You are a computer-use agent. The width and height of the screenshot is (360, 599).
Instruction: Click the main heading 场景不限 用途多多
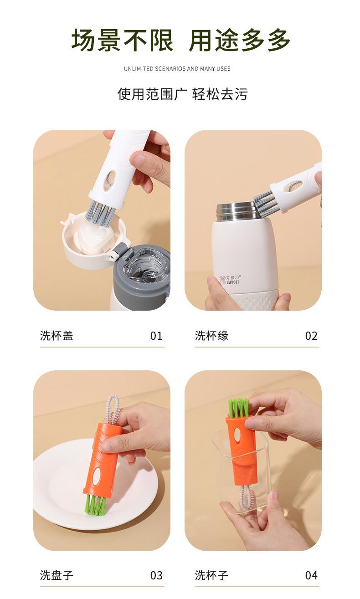point(181,40)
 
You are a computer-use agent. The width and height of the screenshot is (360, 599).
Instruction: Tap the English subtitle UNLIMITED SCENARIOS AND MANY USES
point(177,69)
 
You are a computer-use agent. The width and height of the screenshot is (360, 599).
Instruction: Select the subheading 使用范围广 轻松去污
point(182,94)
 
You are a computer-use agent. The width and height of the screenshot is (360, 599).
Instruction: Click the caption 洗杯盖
point(57,336)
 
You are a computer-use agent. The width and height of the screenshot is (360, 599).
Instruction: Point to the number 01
point(156,336)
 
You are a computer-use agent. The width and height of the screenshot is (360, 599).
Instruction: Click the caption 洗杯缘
point(211,336)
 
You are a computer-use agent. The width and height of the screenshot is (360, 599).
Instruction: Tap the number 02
point(311,336)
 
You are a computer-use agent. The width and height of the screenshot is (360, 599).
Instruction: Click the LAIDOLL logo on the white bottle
point(230,279)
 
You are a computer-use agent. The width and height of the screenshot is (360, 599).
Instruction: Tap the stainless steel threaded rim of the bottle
point(238,212)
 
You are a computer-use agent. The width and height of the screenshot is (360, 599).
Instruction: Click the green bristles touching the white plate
point(95,505)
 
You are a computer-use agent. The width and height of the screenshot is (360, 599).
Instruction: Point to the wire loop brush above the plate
point(113,409)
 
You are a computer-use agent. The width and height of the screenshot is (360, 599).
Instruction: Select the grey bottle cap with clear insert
point(142,278)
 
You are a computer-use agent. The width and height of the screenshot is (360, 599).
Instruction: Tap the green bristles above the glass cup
point(239,408)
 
